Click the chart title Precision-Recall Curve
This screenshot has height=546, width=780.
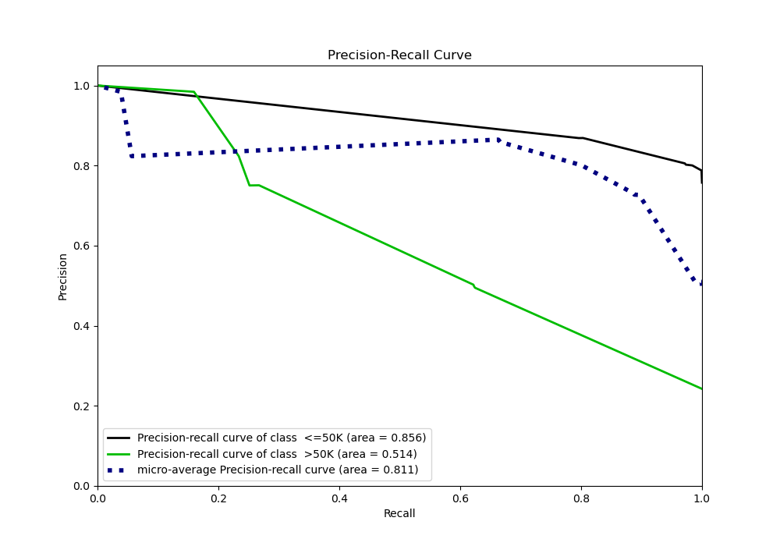pyautogui.click(x=399, y=55)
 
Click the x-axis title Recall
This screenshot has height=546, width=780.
pyautogui.click(x=399, y=513)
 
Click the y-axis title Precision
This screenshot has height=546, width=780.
pyautogui.click(x=62, y=276)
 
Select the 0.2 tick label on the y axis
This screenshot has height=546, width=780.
pyautogui.click(x=81, y=406)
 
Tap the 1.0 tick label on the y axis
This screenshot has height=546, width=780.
pyautogui.click(x=81, y=86)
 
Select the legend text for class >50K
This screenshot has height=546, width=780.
pyautogui.click(x=277, y=454)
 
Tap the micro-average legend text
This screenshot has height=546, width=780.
pyautogui.click(x=278, y=470)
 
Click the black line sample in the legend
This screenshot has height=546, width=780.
pyautogui.click(x=119, y=438)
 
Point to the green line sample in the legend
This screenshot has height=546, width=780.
pyautogui.click(x=119, y=454)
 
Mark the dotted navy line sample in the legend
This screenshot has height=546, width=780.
pyautogui.click(x=119, y=470)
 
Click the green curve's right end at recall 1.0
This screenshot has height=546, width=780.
pyautogui.click(x=701, y=388)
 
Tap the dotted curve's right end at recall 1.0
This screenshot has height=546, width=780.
pyautogui.click(x=701, y=284)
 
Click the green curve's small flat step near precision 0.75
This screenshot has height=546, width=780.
pyautogui.click(x=254, y=185)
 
